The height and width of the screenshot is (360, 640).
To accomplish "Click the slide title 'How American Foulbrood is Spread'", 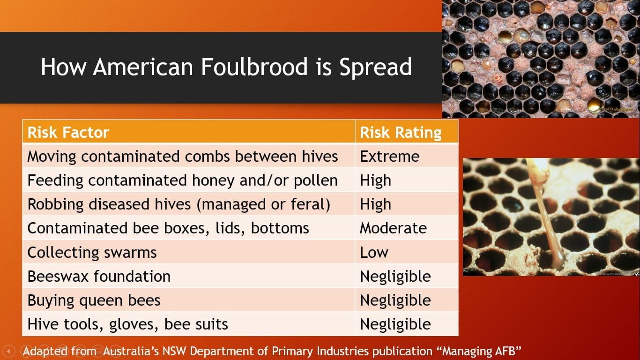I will click(226, 67).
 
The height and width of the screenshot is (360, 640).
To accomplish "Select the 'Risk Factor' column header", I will click(68, 133).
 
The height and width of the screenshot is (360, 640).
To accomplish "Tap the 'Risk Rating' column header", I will click(401, 133).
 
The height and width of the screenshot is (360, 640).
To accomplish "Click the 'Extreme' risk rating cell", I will click(389, 156).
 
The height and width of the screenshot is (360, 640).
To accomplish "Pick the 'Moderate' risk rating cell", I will click(393, 228).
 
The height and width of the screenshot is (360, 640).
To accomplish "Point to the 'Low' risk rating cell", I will click(374, 252).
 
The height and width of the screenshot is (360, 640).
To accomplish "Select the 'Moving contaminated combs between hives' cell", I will click(183, 156).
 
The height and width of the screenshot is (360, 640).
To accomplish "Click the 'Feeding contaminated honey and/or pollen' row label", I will click(183, 180).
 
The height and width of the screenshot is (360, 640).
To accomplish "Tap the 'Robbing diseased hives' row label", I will click(179, 204).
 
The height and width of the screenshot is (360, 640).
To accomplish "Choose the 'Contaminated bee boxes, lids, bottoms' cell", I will click(168, 228).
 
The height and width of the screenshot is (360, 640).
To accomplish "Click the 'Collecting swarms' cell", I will click(92, 252).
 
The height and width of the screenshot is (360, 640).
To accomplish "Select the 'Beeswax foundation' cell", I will click(99, 276).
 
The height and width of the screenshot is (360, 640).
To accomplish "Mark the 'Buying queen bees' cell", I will click(94, 300).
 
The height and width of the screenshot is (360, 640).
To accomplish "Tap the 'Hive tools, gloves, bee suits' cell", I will click(127, 324).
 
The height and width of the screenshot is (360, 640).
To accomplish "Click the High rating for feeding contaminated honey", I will click(375, 180).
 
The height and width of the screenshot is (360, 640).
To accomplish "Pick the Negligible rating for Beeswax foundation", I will click(395, 276).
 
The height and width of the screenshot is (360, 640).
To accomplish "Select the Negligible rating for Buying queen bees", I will click(395, 300).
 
